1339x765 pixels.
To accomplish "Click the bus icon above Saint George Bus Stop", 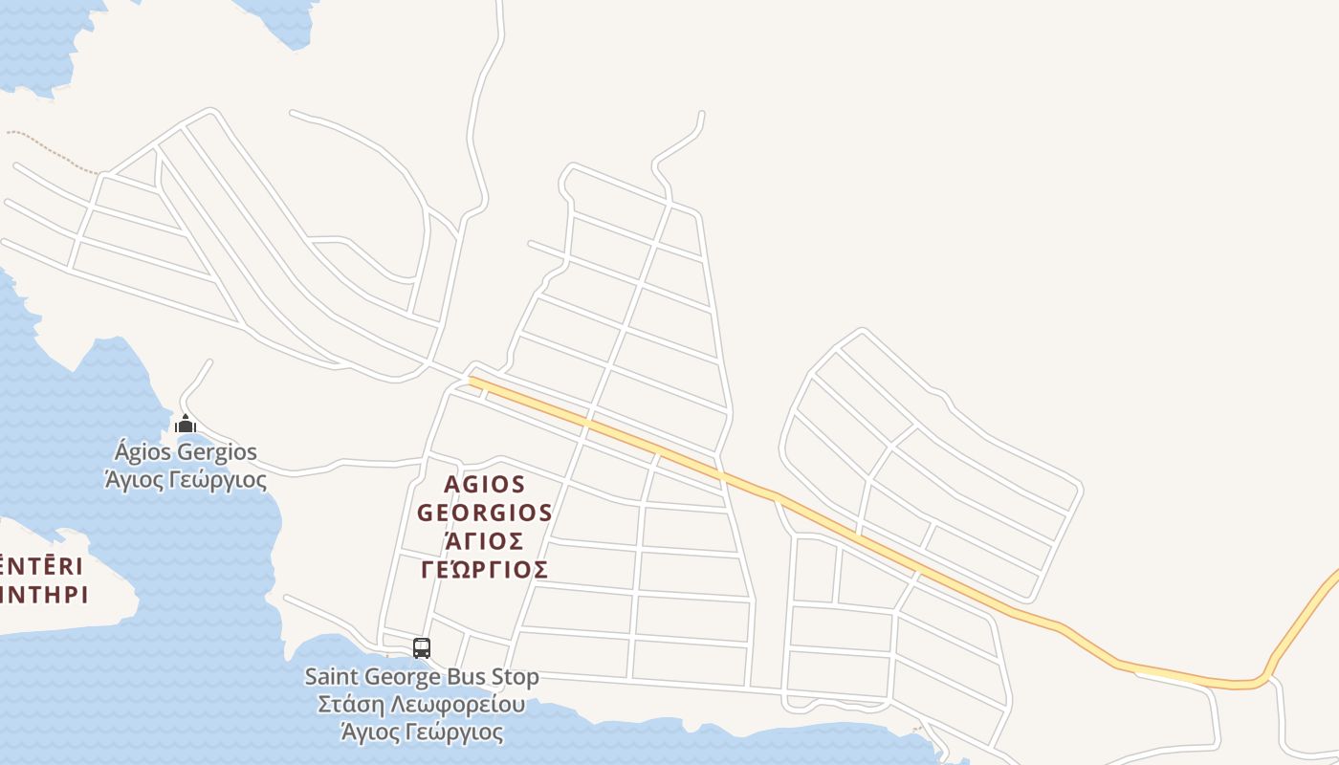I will (422, 648).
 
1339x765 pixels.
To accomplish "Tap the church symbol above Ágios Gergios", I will (186, 424).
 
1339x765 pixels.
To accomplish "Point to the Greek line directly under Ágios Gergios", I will (186, 478).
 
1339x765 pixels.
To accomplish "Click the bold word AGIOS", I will (485, 485).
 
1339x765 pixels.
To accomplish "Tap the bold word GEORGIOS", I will (485, 514).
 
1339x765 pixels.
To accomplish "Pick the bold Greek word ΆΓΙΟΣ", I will (485, 541).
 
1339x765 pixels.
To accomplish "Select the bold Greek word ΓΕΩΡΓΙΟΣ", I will (485, 570).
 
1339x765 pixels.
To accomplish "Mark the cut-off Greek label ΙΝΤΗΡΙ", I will (44, 595).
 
